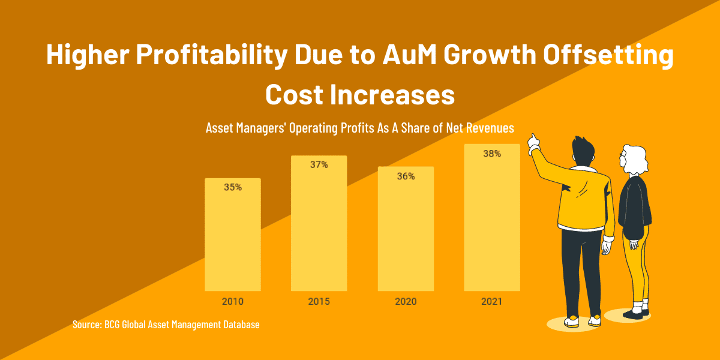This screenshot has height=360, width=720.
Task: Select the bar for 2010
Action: (233, 235)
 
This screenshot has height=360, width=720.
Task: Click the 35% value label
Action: (233, 187)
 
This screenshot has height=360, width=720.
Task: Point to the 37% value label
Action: (319, 164)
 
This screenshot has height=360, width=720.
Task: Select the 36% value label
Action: (406, 176)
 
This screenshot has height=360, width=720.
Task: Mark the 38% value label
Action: (492, 154)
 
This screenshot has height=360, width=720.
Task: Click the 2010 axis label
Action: (233, 301)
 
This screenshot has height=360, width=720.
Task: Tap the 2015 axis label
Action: (319, 301)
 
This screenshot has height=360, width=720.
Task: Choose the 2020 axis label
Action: (406, 301)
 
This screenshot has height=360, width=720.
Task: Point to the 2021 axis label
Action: (492, 301)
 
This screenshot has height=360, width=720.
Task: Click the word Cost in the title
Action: (297, 94)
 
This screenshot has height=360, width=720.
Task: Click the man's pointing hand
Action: (533, 141)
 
